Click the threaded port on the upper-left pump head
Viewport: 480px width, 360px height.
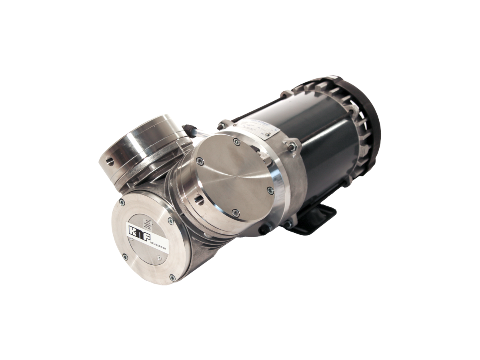109,161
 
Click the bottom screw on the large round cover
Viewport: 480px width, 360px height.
236,213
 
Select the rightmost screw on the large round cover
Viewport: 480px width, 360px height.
271,191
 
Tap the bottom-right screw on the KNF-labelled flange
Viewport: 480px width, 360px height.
172,277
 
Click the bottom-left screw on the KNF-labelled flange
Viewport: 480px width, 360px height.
124,257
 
